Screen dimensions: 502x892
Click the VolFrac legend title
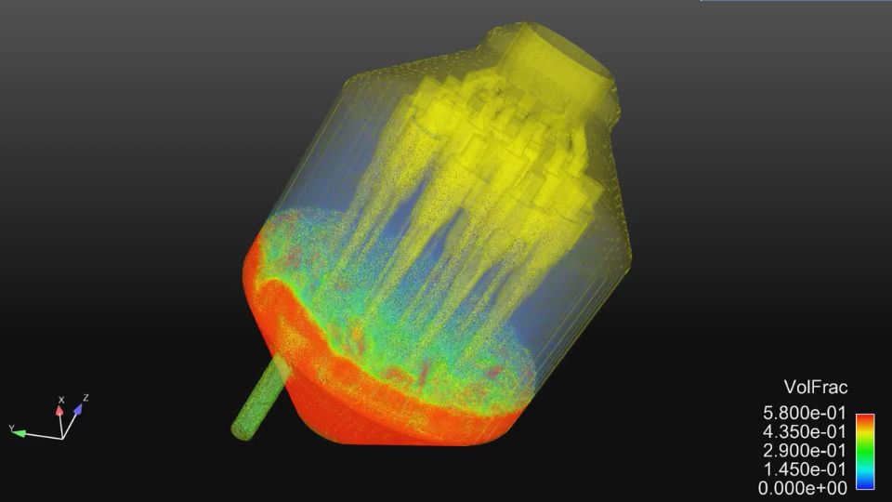pos(816,388)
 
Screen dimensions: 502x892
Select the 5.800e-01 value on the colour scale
pos(804,414)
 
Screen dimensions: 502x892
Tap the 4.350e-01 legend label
pos(804,431)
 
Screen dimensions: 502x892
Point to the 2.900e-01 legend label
pos(804,450)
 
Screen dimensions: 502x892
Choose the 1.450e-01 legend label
pos(804,469)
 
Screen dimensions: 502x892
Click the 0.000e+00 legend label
pos(804,487)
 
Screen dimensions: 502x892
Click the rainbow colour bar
pos(864,451)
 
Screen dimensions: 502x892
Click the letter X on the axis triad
pos(61,399)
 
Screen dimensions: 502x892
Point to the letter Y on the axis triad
pos(11,428)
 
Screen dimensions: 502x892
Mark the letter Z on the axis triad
pos(85,398)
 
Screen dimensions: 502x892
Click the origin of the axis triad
pos(62,437)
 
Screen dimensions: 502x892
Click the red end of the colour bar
pos(864,419)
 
